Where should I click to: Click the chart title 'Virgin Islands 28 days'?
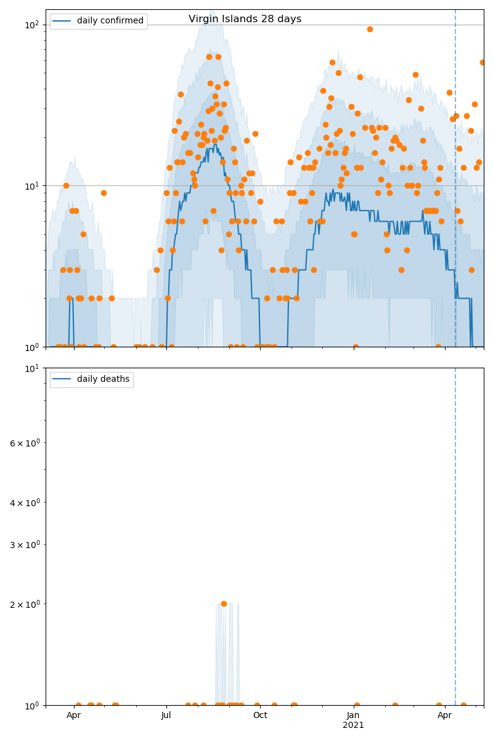pyautogui.click(x=245, y=19)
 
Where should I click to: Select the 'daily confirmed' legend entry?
pyautogui.click(x=110, y=21)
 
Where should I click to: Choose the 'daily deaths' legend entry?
pyautogui.click(x=103, y=379)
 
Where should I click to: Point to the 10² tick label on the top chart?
pyautogui.click(x=31, y=25)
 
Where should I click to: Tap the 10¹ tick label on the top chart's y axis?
pyautogui.click(x=31, y=186)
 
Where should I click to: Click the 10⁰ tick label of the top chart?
pyautogui.click(x=31, y=347)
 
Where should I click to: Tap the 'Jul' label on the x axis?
pyautogui.click(x=166, y=716)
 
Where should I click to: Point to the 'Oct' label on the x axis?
pyautogui.click(x=260, y=716)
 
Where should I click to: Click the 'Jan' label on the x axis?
pyautogui.click(x=353, y=716)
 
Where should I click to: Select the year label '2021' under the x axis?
pyautogui.click(x=353, y=725)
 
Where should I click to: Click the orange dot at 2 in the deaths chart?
pyautogui.click(x=224, y=604)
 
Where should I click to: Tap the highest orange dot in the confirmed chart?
pyautogui.click(x=370, y=29)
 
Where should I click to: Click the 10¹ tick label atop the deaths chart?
pyautogui.click(x=31, y=368)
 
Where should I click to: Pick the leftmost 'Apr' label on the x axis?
pyautogui.click(x=74, y=716)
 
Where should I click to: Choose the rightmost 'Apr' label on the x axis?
pyautogui.click(x=444, y=716)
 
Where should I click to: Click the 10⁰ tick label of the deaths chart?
pyautogui.click(x=31, y=706)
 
